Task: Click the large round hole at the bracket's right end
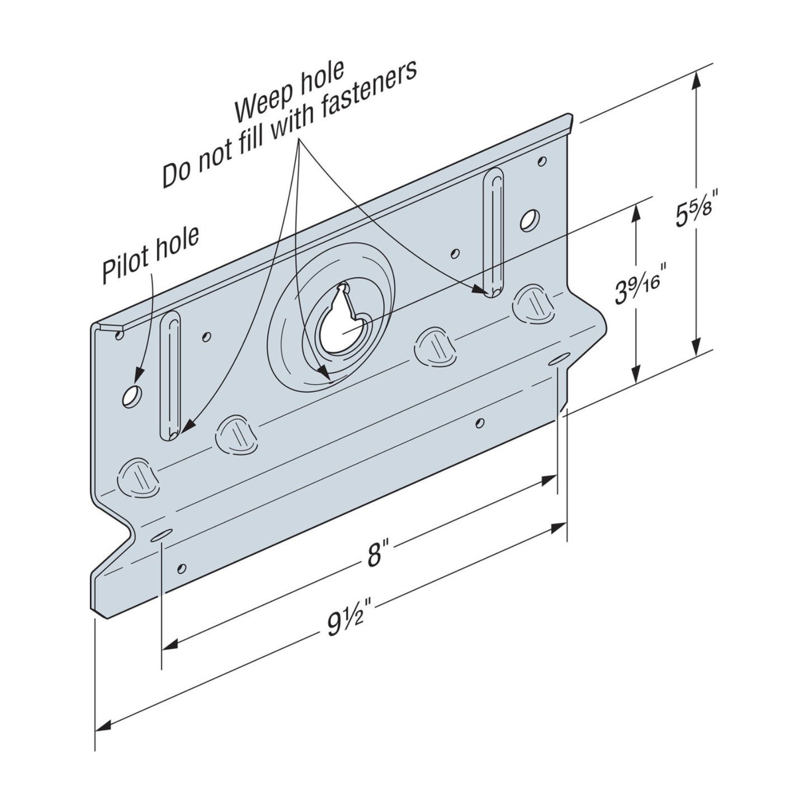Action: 529,220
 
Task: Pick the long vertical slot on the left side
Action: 170,376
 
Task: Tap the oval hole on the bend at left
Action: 160,535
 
